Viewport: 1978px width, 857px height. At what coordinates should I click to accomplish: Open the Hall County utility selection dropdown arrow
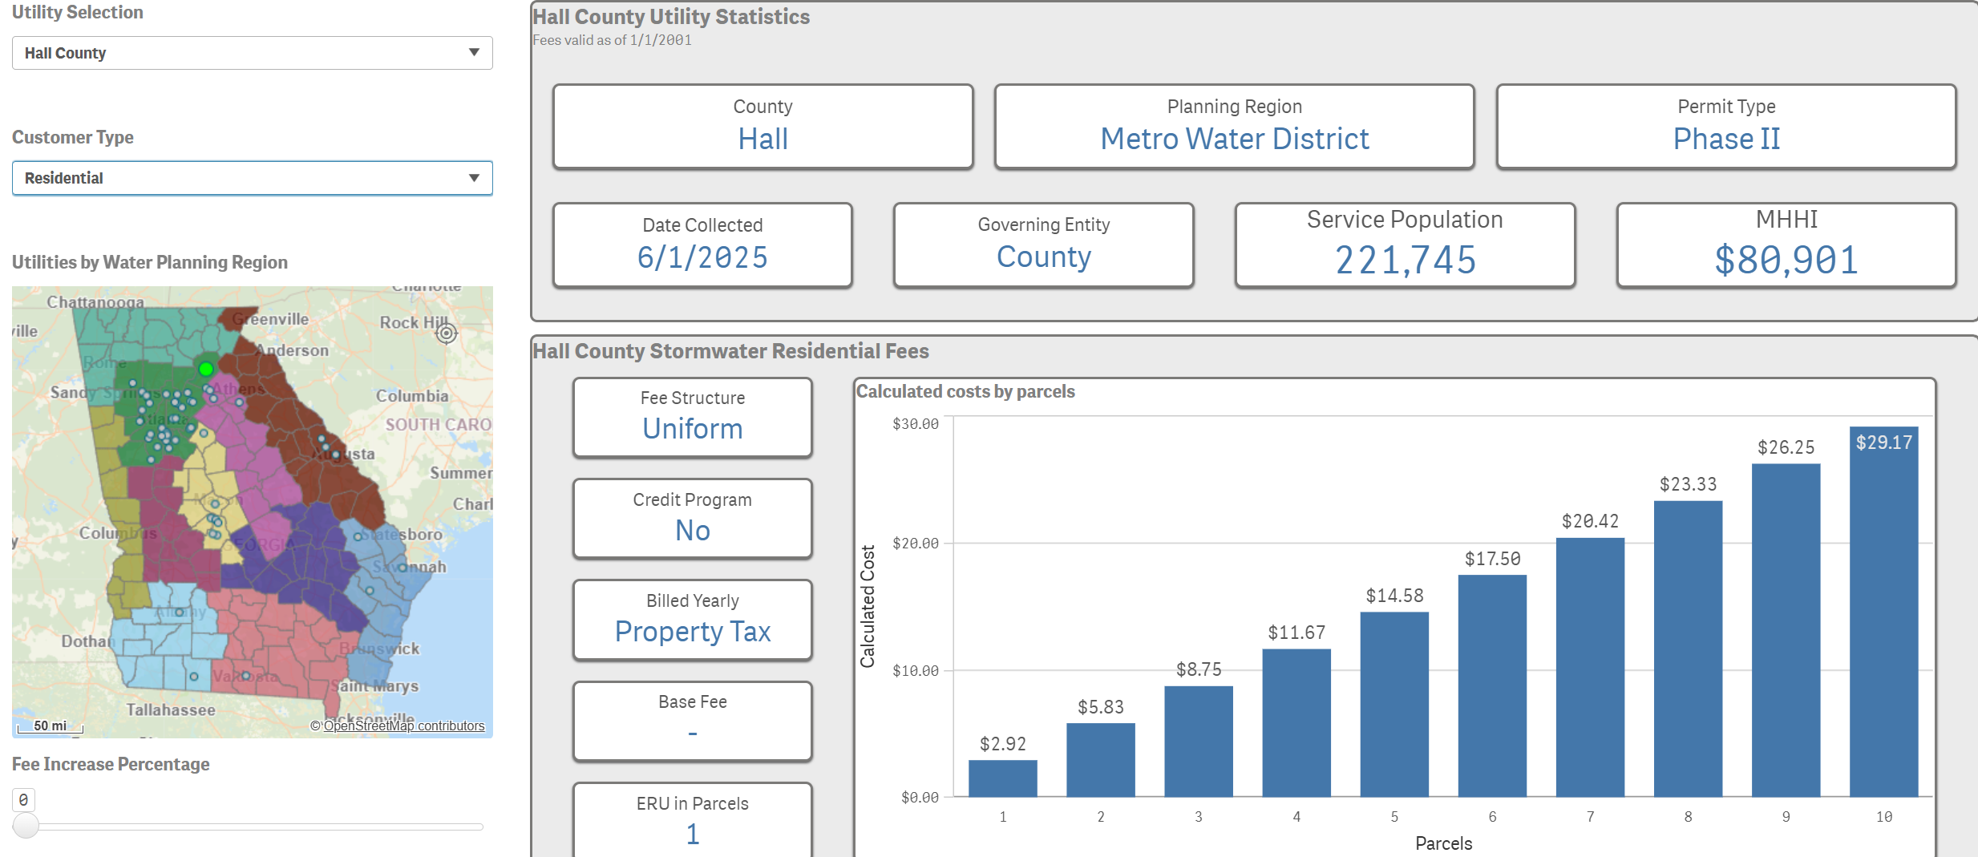[474, 52]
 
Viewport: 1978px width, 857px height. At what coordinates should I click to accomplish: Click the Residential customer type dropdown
[252, 178]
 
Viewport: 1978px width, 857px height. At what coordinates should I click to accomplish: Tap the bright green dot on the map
[206, 369]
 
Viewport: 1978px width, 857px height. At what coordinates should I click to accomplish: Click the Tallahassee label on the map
[171, 709]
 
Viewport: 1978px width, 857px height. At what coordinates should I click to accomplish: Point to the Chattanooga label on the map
[95, 302]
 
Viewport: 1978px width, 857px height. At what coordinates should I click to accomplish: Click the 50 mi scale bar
[51, 726]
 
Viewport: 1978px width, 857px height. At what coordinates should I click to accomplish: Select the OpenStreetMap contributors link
[403, 726]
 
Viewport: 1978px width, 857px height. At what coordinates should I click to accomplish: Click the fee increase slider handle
[26, 825]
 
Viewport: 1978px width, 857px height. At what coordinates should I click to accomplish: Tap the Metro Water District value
[1234, 139]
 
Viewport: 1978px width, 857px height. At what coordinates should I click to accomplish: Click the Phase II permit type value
[1725, 139]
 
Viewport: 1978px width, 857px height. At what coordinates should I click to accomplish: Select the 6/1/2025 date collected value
[702, 257]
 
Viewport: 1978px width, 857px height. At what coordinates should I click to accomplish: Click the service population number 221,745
[1405, 260]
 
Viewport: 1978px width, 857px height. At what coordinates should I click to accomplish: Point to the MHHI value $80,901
[1786, 260]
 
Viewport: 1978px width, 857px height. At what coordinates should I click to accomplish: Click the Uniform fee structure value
[693, 429]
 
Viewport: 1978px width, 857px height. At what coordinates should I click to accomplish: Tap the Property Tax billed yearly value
[693, 632]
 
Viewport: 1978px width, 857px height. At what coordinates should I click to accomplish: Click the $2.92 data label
[1002, 744]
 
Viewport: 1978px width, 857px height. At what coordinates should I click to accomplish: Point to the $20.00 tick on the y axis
[916, 544]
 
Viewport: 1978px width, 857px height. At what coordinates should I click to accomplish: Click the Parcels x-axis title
[1443, 843]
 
